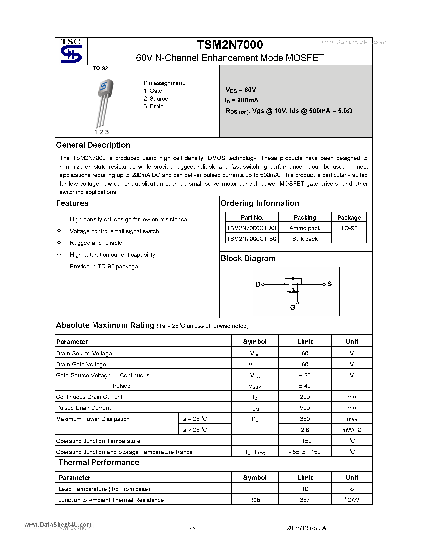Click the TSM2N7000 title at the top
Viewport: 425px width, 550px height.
click(230, 45)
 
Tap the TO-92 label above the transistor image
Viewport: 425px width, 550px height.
click(100, 68)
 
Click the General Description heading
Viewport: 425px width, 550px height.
click(93, 145)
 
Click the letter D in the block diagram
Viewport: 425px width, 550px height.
click(258, 284)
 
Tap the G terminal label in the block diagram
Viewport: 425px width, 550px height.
click(292, 307)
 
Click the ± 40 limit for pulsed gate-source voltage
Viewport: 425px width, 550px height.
click(305, 386)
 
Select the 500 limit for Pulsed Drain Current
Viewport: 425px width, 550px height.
click(305, 408)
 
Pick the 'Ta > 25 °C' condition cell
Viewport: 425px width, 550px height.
click(193, 430)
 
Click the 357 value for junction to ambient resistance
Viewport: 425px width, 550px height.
click(305, 500)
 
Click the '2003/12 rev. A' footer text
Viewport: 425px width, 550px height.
click(306, 528)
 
